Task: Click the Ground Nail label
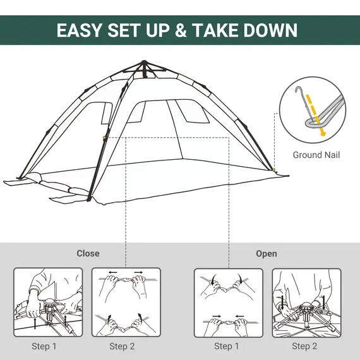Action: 316,155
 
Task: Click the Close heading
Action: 88,253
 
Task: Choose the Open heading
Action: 267,253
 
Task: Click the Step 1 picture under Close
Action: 48,302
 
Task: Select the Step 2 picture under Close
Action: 126,302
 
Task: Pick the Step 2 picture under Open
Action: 306,302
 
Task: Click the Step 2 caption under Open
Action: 301,346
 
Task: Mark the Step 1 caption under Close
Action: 44,346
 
